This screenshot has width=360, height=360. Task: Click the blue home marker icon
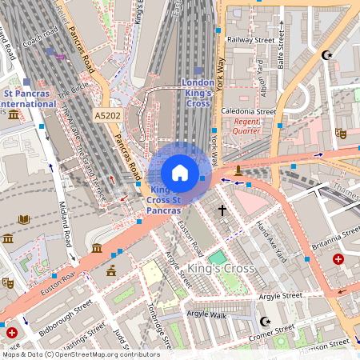click(180, 173)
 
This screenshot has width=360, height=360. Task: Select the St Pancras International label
click(28, 98)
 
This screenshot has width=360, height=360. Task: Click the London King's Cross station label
click(198, 93)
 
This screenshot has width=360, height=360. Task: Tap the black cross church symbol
click(222, 210)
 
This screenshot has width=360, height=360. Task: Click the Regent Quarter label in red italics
click(246, 125)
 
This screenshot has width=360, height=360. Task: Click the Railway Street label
click(250, 39)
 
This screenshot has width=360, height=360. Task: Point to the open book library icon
click(24, 219)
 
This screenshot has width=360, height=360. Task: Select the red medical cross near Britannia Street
click(338, 260)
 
